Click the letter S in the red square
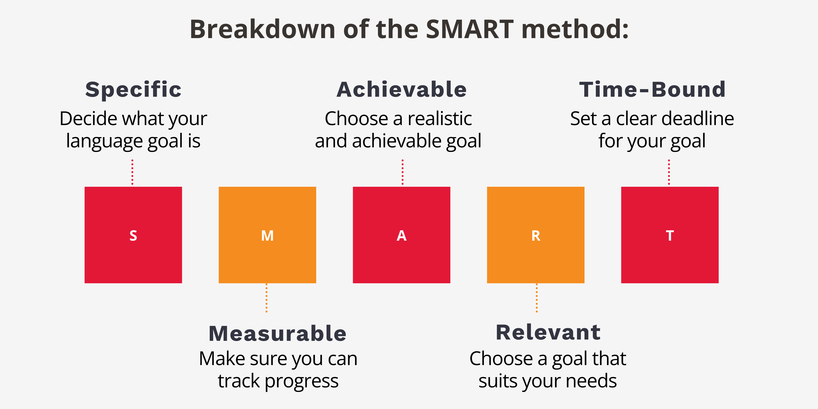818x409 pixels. coord(133,236)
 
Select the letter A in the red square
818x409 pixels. coord(401,236)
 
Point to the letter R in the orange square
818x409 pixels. coord(536,236)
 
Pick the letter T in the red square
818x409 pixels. coord(670,236)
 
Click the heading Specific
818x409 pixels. coord(133,90)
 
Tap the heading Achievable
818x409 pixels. coord(401,90)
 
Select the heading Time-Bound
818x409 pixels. coord(652,90)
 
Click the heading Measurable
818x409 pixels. coord(277,334)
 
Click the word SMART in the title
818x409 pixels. coord(469,29)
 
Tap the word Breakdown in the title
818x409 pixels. coord(262,29)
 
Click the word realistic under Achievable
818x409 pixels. coord(440,119)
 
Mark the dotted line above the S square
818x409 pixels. coord(132,172)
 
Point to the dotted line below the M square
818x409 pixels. coord(266,298)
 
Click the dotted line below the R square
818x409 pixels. coord(537,298)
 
